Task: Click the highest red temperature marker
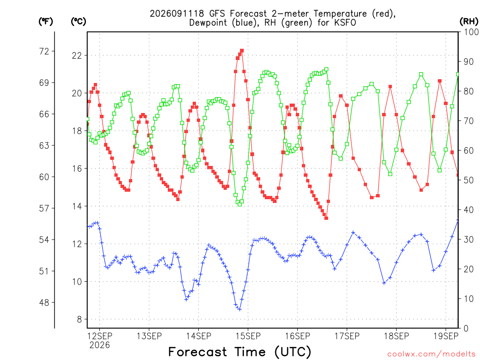242,51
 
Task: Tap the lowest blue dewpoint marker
240,309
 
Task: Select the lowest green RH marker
240,204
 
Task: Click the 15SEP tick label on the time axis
248,336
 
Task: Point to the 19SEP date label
446,336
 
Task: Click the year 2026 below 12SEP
99,345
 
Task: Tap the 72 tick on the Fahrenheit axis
44,51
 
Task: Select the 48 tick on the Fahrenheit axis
44,302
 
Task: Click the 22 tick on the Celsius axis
77,55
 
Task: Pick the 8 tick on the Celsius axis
80,319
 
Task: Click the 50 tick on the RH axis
469,180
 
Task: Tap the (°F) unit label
45,22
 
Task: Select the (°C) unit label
78,22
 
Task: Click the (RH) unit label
469,22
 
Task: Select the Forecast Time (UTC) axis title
240,352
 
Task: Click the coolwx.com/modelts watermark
431,354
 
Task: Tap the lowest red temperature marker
326,218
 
